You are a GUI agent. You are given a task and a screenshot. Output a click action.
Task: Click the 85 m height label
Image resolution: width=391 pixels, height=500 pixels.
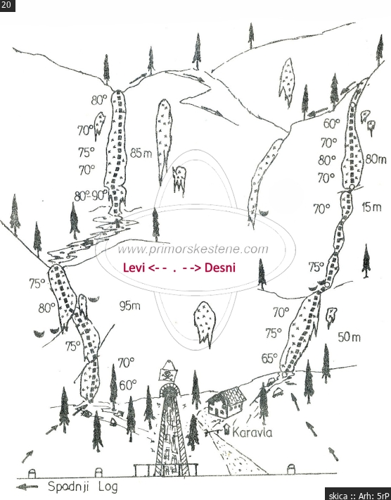pyautogui.click(x=141, y=154)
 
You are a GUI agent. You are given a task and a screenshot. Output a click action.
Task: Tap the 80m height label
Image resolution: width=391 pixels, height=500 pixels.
pyautogui.click(x=376, y=158)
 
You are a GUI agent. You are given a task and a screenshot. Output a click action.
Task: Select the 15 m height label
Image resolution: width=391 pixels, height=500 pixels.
pyautogui.click(x=371, y=207)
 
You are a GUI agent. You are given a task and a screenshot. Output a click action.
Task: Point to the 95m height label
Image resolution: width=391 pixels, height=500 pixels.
pyautogui.click(x=130, y=306)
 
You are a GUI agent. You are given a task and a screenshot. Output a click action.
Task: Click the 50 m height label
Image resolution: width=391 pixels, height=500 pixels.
pyautogui.click(x=350, y=337)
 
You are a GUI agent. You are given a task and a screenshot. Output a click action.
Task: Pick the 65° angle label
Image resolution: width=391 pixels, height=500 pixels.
pyautogui.click(x=269, y=358)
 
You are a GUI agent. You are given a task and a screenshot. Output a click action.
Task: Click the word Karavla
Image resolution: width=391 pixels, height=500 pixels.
pyautogui.click(x=252, y=432)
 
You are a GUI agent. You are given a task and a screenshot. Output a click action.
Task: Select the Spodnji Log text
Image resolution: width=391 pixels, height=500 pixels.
pyautogui.click(x=83, y=487)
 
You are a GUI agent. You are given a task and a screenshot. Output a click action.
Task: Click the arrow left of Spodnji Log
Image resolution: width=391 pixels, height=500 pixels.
pyautogui.click(x=27, y=487)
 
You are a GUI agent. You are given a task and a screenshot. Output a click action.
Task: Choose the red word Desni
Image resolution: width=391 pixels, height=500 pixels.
pyautogui.click(x=220, y=268)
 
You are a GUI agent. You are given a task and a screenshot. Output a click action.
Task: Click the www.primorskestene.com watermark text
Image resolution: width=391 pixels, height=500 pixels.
pyautogui.click(x=193, y=249)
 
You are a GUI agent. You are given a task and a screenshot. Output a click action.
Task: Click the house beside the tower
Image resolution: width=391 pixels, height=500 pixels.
pyautogui.click(x=226, y=402)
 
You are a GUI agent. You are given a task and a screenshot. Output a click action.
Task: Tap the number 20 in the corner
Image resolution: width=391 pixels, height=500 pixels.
pyautogui.click(x=6, y=5)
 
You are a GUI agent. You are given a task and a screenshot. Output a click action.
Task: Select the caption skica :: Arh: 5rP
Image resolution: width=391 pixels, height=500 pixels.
pyautogui.click(x=358, y=495)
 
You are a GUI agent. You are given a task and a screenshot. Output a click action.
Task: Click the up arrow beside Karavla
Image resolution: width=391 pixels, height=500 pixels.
pyautogui.click(x=226, y=429)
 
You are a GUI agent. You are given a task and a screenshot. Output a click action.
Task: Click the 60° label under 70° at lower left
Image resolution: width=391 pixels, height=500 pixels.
pyautogui.click(x=128, y=385)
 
